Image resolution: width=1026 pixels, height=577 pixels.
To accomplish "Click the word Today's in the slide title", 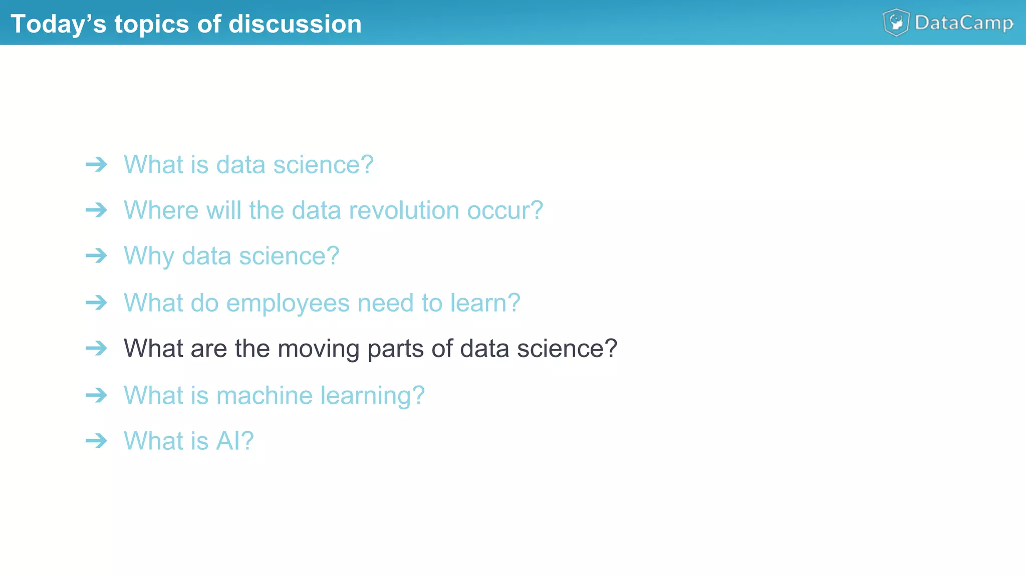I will tap(58, 24).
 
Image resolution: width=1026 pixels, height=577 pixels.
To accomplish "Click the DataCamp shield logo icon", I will tap(896, 23).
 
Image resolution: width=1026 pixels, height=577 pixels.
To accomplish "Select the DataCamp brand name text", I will tap(964, 23).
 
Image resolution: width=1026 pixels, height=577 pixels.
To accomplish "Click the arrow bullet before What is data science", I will tap(96, 164).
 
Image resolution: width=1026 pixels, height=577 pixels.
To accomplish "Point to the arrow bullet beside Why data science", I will tap(96, 256).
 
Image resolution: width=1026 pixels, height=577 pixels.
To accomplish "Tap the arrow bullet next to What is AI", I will tap(96, 441).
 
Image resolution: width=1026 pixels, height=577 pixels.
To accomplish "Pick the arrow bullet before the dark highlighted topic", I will tap(96, 348).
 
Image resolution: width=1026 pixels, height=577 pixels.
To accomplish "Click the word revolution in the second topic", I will tap(404, 210).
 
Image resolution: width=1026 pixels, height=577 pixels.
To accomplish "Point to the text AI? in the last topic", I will tap(234, 441).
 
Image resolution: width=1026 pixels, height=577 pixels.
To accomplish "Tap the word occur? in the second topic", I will tap(504, 210).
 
